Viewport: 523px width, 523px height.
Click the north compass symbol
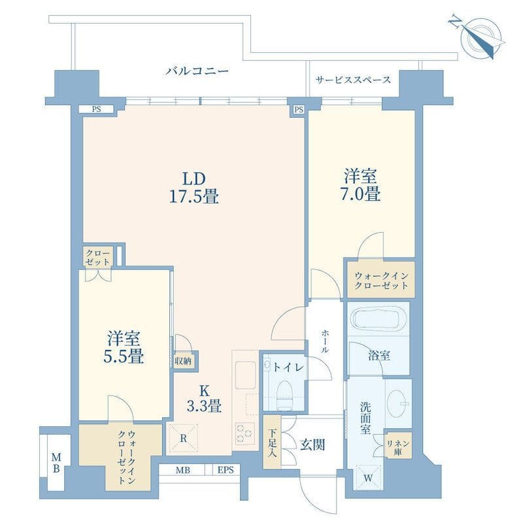[478, 37]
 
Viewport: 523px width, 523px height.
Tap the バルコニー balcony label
[197, 71]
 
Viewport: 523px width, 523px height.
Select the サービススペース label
[353, 80]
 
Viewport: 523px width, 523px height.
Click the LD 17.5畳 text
[194, 188]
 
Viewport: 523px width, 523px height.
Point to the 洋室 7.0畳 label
[361, 185]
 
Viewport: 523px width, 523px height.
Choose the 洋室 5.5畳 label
[124, 347]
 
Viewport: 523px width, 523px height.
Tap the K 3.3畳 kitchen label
[204, 398]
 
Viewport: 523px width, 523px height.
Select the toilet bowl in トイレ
[284, 396]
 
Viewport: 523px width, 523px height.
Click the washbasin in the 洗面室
[397, 403]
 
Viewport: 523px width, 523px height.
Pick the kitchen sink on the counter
[245, 375]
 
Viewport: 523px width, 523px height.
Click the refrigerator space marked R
[183, 439]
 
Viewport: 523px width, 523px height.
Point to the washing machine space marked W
[368, 478]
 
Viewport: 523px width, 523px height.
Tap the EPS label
[226, 470]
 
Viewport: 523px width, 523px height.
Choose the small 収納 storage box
[183, 360]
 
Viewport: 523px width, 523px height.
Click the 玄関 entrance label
[312, 445]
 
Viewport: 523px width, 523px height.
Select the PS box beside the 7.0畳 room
[299, 109]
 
